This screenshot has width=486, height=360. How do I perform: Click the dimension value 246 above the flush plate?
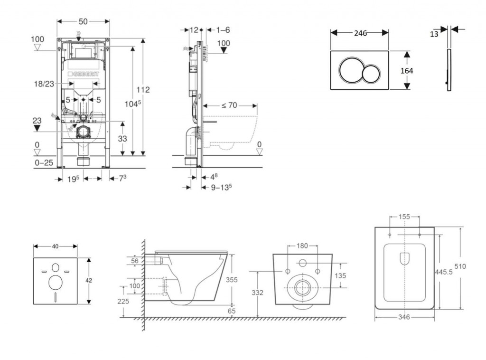point(360,33)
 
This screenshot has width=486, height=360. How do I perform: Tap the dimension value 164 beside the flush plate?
point(406,71)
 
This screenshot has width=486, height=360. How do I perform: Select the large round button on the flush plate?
point(350,70)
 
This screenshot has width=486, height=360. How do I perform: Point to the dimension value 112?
point(143,90)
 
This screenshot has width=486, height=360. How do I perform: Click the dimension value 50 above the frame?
point(83,22)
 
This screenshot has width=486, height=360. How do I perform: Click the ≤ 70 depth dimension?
point(229,105)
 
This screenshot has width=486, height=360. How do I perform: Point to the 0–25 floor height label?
point(44,163)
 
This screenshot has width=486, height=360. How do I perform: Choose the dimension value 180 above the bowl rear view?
point(302,246)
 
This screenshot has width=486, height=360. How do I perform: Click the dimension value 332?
point(258,293)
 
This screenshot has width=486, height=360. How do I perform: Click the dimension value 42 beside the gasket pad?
point(89,280)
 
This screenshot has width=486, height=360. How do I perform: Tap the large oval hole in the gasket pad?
point(56,282)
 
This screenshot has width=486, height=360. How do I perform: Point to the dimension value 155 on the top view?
point(404,217)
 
